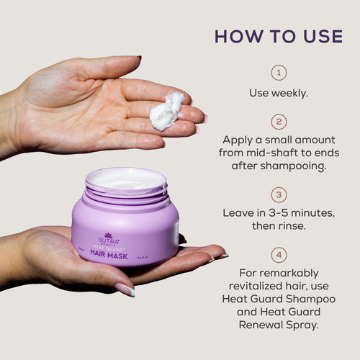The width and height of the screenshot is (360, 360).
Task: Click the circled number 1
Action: click(279, 73)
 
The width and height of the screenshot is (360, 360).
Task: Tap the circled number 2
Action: click(279, 122)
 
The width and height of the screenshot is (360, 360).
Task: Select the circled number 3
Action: click(279, 195)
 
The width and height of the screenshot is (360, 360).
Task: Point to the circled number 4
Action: click(279, 254)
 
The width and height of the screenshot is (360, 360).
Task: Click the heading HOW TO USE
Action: click(279, 36)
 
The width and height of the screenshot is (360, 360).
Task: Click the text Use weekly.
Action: click(279, 93)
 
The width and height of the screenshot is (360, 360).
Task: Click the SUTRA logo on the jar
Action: click(108, 238)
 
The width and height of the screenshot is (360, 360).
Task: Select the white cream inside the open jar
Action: click(125, 181)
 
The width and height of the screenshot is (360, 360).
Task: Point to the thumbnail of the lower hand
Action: click(124, 289)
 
